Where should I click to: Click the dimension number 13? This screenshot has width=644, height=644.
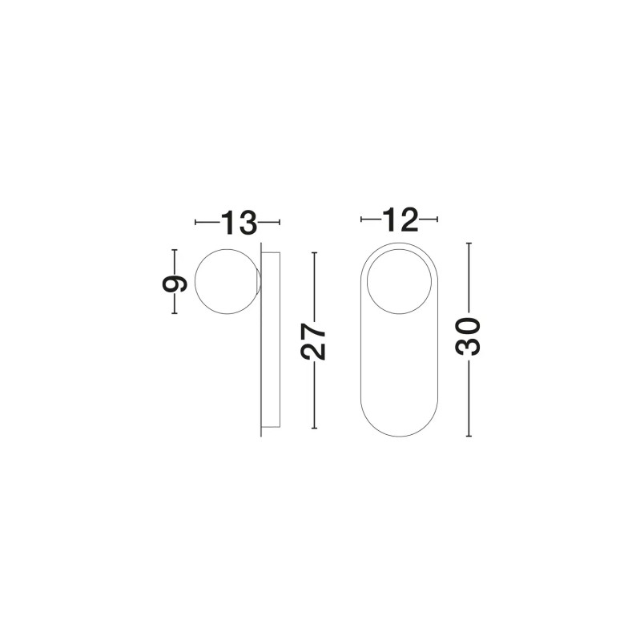(x=239, y=223)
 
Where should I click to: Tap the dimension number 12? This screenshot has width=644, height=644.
(x=400, y=219)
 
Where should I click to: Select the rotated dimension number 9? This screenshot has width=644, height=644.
(x=175, y=283)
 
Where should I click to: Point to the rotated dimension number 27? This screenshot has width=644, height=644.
(x=313, y=342)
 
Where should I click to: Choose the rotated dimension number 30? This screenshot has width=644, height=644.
(x=468, y=336)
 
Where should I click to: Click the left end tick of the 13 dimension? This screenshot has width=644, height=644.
(x=195, y=222)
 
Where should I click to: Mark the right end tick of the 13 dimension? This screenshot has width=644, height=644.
(x=280, y=222)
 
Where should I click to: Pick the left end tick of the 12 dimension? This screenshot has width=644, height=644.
(x=361, y=219)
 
